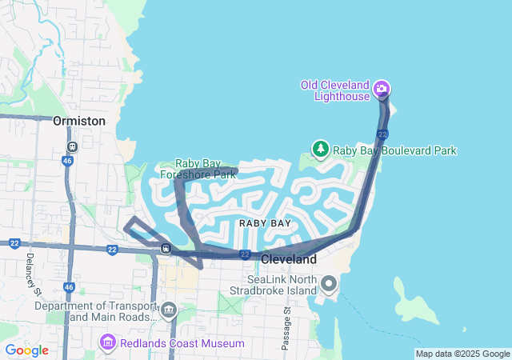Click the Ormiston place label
pyautogui.click(x=78, y=121)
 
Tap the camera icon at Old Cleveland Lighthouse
pyautogui.click(x=382, y=87)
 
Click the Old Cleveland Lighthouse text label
pyautogui.click(x=335, y=90)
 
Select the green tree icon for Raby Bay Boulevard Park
pyautogui.click(x=320, y=149)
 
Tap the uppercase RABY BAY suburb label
pyautogui.click(x=264, y=223)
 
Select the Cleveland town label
pyautogui.click(x=288, y=259)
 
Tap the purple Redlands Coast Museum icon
pyautogui.click(x=106, y=343)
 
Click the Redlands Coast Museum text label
pyautogui.click(x=182, y=343)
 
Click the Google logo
pyautogui.click(x=26, y=350)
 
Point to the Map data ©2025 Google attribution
pyautogui.click(x=462, y=354)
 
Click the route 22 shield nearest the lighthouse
pyautogui.click(x=382, y=134)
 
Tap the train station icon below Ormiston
pyautogui.click(x=72, y=147)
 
